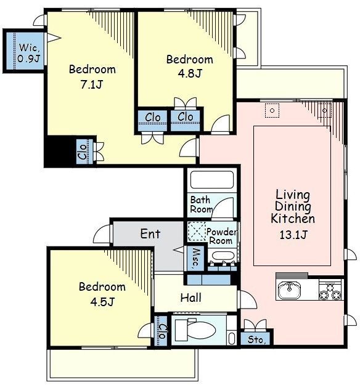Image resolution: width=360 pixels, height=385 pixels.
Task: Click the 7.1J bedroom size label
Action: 91,85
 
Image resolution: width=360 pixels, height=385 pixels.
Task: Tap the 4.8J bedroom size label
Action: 190,73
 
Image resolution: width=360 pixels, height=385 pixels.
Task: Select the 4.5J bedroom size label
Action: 102,302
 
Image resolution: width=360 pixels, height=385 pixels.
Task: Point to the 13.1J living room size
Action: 293,235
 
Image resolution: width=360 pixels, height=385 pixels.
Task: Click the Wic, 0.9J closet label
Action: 29,53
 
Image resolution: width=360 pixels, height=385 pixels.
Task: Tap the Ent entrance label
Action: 150,233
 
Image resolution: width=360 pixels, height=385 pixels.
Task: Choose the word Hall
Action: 190,298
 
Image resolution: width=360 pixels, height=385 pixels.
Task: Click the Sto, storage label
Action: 256,339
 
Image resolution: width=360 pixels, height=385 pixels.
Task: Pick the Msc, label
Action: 195,257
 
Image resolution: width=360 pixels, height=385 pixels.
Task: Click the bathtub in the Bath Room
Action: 212,180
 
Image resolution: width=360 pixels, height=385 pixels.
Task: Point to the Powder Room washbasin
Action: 223,256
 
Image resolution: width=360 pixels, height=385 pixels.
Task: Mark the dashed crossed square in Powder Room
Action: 197,231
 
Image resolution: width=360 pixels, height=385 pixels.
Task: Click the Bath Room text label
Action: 202,205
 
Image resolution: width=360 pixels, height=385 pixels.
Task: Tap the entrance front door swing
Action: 102,234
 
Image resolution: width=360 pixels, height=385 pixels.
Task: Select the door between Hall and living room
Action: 247,299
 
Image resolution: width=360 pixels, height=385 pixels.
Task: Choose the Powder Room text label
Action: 222,236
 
